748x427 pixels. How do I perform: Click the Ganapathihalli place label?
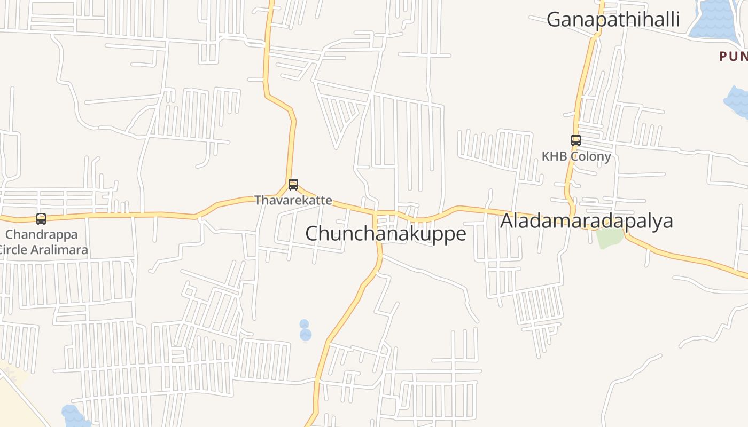pos(613,20)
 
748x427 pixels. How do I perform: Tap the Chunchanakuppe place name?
pos(385,233)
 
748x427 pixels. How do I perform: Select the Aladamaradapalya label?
pos(586,220)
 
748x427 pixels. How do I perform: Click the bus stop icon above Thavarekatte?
pos(293,185)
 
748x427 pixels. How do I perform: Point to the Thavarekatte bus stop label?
pos(293,201)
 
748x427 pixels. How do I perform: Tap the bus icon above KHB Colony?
pos(575,140)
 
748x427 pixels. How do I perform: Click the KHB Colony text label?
pos(576,156)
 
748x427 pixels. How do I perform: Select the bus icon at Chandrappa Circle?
pos(41,218)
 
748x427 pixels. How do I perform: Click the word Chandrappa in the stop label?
pos(42,234)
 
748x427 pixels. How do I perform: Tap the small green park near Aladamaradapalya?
pos(610,238)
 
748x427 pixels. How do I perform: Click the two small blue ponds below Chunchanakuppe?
pos(305,331)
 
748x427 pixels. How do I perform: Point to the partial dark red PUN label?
pos(733,56)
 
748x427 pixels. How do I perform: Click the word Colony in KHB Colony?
pos(590,156)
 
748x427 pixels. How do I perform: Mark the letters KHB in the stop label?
pos(554,156)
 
